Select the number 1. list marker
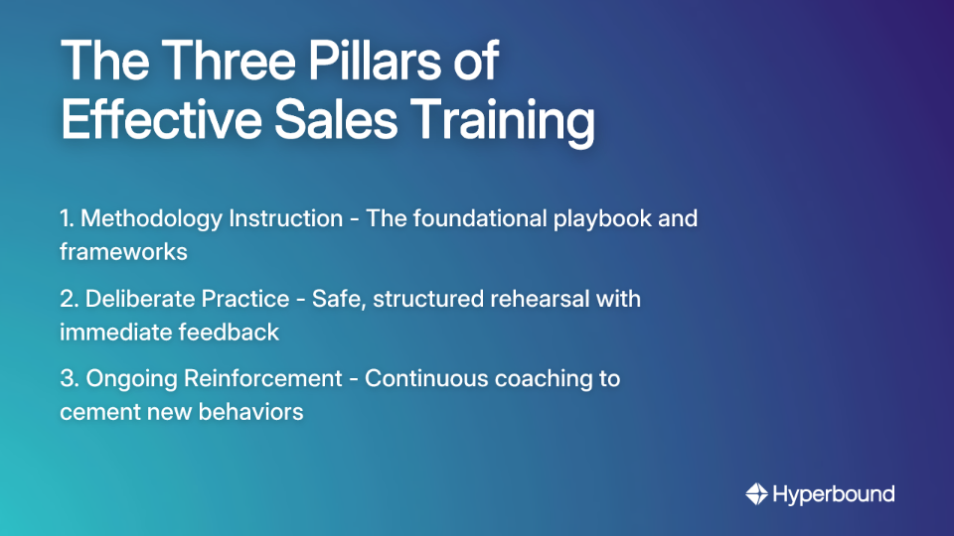(x=69, y=218)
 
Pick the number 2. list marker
(x=70, y=299)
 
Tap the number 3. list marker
(x=70, y=378)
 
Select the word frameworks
(x=123, y=251)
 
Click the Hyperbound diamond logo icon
(x=756, y=493)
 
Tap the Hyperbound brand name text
(x=834, y=494)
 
